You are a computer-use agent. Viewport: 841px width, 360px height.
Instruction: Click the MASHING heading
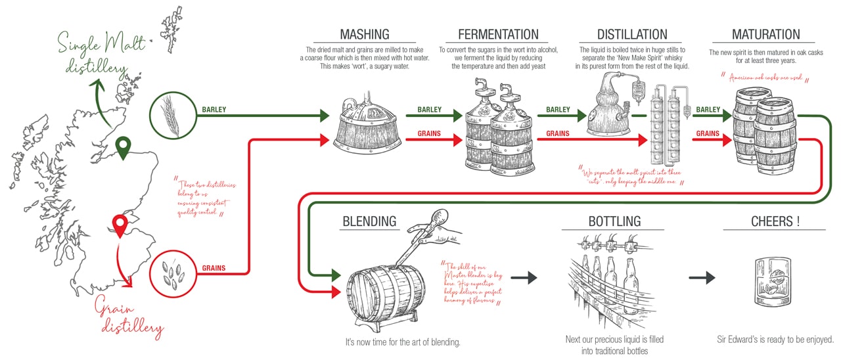(x=365, y=34)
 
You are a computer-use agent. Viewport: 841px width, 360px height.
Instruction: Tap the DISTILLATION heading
(x=631, y=34)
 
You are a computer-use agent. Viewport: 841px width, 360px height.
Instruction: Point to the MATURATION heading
(x=765, y=34)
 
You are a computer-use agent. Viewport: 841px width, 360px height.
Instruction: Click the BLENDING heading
(x=369, y=221)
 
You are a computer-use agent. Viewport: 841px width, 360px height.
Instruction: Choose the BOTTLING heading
(x=614, y=221)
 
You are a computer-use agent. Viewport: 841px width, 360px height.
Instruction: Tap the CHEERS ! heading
(x=775, y=221)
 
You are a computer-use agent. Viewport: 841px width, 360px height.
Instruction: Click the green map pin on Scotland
(x=123, y=148)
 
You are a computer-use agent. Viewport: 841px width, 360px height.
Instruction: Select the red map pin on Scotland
(x=119, y=226)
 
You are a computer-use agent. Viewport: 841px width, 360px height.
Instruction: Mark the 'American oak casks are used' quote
(x=765, y=79)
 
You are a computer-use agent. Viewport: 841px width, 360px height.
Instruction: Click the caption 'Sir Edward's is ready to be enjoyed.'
(x=775, y=340)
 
